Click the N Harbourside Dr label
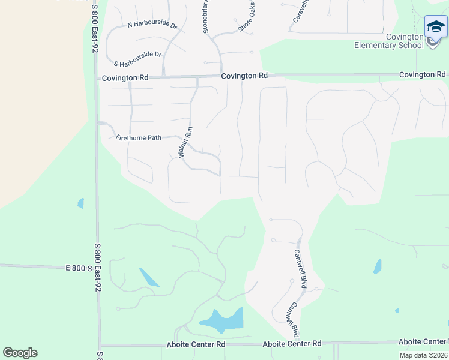point(152,26)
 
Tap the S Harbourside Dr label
point(138,59)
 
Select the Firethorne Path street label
point(138,138)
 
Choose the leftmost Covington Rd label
point(125,78)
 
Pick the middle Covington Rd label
point(244,76)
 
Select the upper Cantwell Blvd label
point(300,269)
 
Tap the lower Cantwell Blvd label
point(292,319)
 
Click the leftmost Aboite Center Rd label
point(195,345)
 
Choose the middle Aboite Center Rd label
point(292,344)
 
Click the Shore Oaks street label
point(246,20)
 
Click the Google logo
point(20,353)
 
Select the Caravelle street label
point(300,11)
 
